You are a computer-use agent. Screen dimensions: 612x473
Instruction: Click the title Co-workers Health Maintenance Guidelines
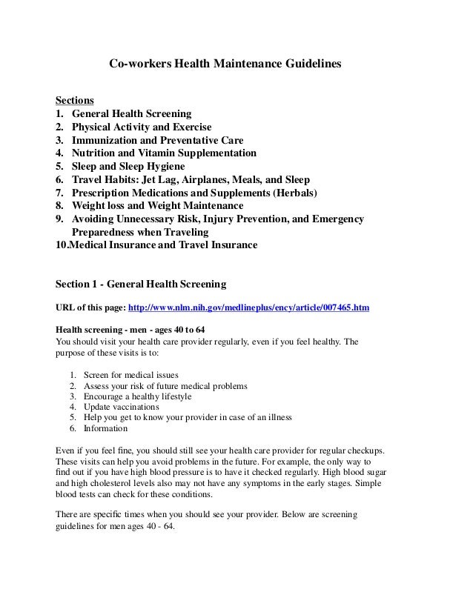225,64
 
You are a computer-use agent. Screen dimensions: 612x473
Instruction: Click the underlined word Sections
75,101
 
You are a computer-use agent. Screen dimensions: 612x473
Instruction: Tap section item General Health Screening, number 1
131,114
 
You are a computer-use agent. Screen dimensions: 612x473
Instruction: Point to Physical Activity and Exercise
142,127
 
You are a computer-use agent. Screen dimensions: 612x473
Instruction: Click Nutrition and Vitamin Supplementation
164,154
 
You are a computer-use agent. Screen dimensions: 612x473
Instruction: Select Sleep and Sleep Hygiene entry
130,167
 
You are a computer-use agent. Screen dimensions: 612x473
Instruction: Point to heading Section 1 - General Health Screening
141,284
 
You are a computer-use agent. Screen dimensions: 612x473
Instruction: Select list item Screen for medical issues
130,374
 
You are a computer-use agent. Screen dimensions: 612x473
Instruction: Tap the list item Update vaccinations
121,408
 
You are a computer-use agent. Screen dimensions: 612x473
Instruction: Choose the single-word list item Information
105,428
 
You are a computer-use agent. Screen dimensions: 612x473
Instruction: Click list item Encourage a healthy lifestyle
137,396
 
